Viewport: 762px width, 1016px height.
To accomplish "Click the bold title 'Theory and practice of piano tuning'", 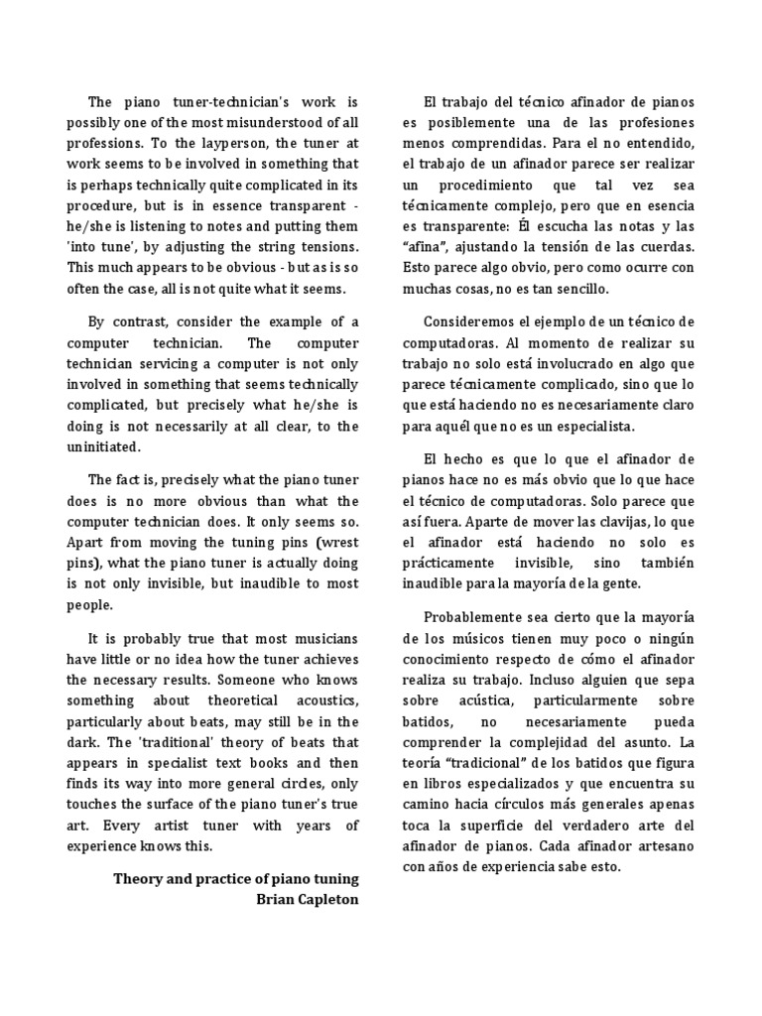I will coord(236,878).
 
